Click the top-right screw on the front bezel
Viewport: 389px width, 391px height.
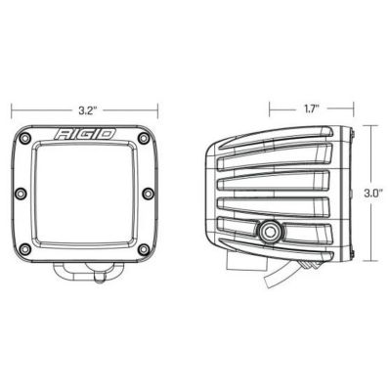[x=145, y=134]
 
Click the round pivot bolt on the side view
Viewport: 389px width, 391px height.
[x=266, y=232]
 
